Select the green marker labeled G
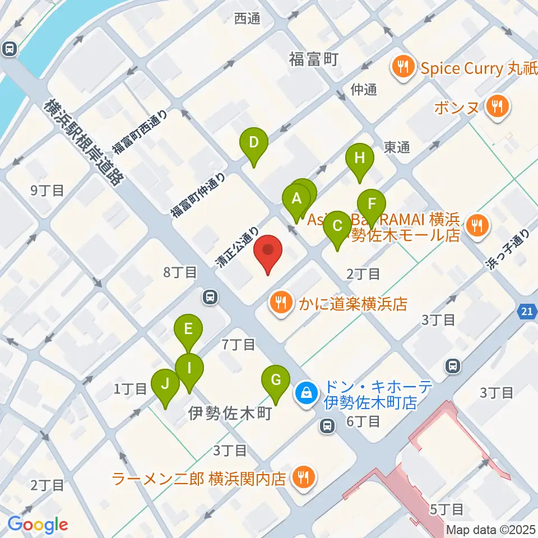pos(276,381)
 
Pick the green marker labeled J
pos(165,384)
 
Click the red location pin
pos(268,251)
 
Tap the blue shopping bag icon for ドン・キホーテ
pos(307,393)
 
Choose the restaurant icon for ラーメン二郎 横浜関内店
pos(304,478)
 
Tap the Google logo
pos(38,524)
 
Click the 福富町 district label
pos(314,58)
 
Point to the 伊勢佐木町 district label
pos(230,414)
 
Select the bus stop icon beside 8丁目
pos(210,296)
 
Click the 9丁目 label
pos(47,191)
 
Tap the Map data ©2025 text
pos(491,529)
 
